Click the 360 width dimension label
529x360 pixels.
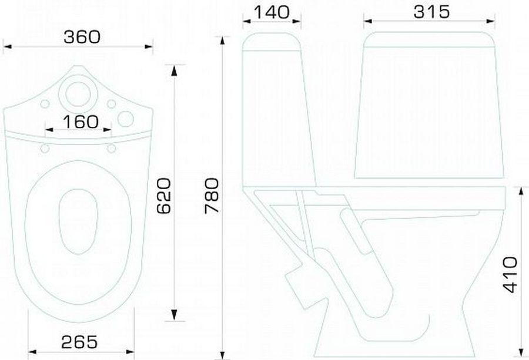[x=82, y=37]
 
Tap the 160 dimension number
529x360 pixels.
[x=81, y=122]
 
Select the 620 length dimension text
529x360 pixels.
[x=165, y=196]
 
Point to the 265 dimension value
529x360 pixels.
[x=79, y=342]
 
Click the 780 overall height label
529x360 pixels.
[x=212, y=196]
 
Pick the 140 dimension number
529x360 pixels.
[x=272, y=12]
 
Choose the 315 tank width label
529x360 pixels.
[x=431, y=12]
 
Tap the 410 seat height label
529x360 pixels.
[x=510, y=275]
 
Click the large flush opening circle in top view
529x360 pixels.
[x=78, y=94]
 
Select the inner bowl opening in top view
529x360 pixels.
[x=78, y=221]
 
